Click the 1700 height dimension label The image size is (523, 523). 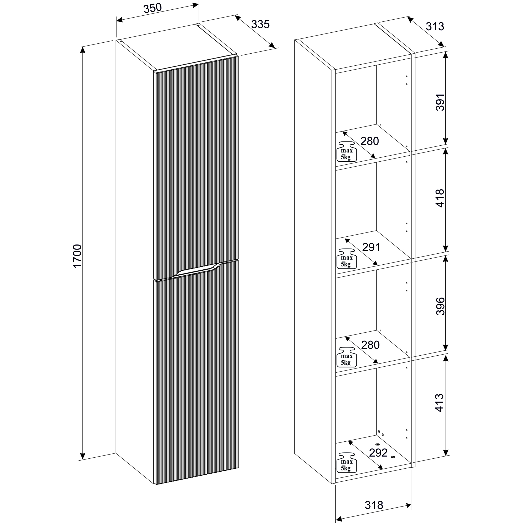click(77, 255)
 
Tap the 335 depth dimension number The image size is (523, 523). click(260, 24)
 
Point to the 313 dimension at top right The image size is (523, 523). click(435, 26)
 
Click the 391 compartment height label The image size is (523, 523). click(440, 102)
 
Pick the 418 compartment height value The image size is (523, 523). click(440, 198)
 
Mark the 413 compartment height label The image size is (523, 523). click(440, 403)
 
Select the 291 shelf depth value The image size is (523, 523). click(371, 247)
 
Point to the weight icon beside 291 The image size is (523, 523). click(346, 259)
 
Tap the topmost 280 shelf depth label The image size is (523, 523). click(370, 141)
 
